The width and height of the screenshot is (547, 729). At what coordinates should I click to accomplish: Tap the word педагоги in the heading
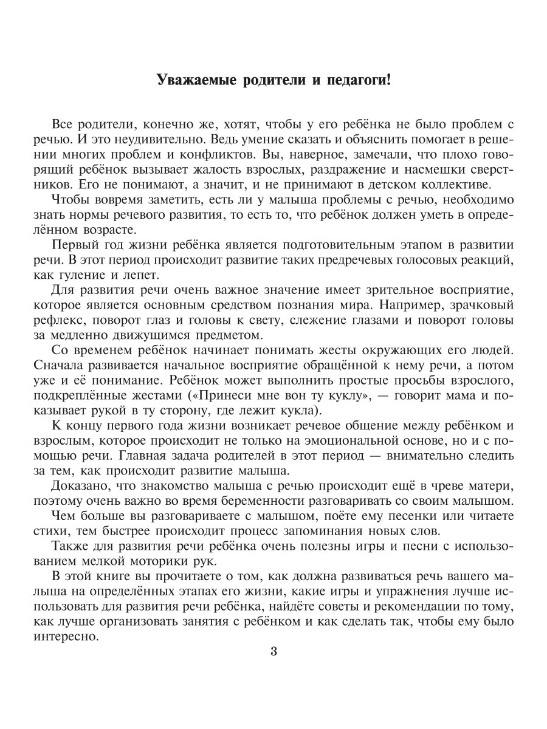pyautogui.click(x=353, y=80)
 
